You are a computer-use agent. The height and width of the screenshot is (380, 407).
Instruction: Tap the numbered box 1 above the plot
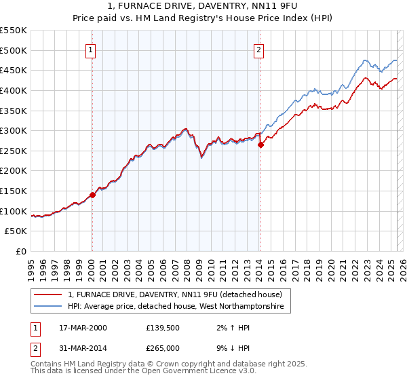click(x=91, y=49)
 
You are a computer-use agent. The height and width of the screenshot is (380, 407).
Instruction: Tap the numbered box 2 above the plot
click(x=259, y=49)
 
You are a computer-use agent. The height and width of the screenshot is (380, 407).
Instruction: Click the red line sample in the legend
click(x=49, y=294)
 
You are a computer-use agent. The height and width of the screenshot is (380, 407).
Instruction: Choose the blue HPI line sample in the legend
click(x=49, y=307)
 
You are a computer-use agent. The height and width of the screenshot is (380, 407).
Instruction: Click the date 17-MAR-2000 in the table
click(x=83, y=328)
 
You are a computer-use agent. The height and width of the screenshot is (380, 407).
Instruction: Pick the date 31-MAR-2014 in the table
click(x=83, y=348)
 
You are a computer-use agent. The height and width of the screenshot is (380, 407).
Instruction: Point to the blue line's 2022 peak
click(x=364, y=60)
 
